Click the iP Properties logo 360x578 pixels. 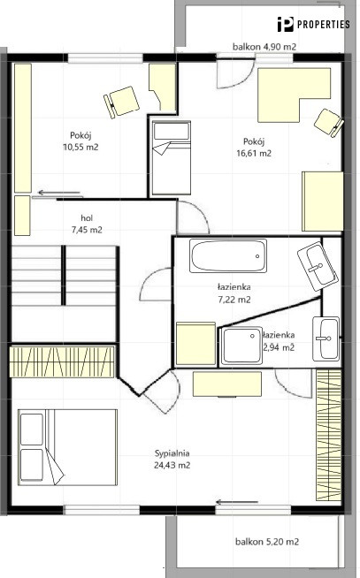coord(313,25)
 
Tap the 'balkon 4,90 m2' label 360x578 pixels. coord(264,47)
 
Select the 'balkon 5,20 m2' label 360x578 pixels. coord(267,542)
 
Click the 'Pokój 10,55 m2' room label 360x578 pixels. coord(80,141)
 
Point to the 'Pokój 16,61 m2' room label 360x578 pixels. coord(254,147)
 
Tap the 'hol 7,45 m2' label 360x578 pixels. coord(87,224)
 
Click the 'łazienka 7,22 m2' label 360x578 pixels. coord(234,293)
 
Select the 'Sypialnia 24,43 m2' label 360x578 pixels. coord(172,459)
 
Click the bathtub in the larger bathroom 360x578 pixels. coord(228,256)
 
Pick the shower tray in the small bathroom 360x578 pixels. coord(241,346)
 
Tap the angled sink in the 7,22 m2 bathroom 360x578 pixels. coord(318,266)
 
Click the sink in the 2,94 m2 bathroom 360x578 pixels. coord(326,338)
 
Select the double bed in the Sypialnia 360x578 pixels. coord(67,447)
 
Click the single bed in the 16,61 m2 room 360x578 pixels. coord(171,158)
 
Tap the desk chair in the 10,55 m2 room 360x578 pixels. coord(122,103)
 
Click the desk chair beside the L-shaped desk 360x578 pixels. coord(329,123)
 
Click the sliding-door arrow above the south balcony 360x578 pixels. coord(237,502)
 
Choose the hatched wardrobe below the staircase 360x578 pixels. coord(62,361)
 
